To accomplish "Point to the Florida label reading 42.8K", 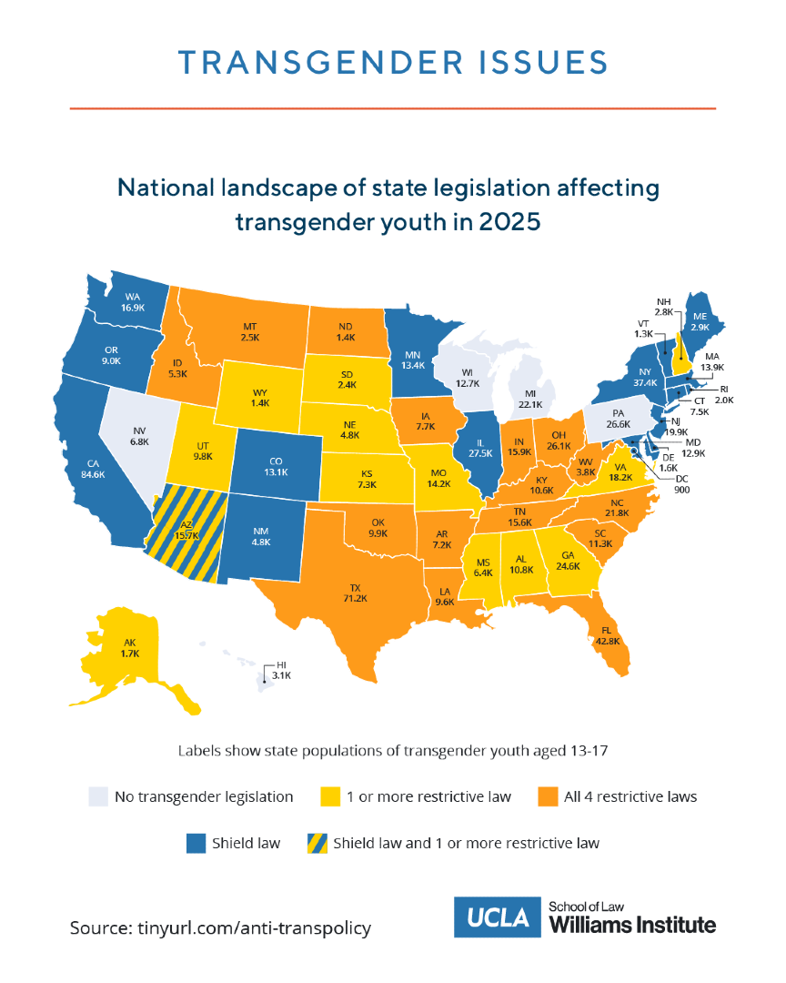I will coord(606,634).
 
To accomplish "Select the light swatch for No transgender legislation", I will coord(97,796).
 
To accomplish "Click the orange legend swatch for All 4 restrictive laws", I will coord(547,796).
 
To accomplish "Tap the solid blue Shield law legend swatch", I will coord(196,843).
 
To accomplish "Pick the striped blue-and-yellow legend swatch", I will coord(310,843).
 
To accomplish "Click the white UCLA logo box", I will coord(497,917).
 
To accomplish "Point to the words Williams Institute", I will coord(632,926).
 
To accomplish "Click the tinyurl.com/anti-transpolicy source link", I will coord(255,927).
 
